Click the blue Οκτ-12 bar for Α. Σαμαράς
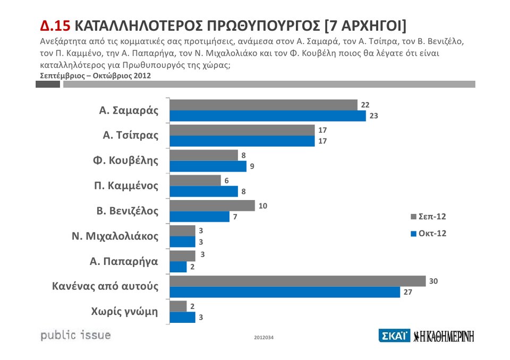(x=268, y=116)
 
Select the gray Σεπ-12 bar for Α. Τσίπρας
(x=242, y=130)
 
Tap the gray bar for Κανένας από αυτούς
(x=297, y=281)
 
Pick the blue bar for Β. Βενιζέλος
(x=199, y=217)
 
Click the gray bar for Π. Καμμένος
(x=195, y=181)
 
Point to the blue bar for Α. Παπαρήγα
(x=178, y=267)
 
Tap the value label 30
(x=433, y=281)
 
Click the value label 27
(x=407, y=292)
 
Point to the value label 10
(x=263, y=205)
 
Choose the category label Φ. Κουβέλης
(x=126, y=160)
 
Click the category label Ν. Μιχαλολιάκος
(x=115, y=236)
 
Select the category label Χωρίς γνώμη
(x=125, y=312)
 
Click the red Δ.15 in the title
(x=55, y=26)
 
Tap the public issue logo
(x=75, y=335)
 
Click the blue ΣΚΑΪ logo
(x=394, y=336)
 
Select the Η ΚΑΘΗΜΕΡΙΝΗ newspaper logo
(x=444, y=336)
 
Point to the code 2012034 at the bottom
(x=263, y=338)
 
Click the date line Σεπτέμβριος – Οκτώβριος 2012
(x=96, y=75)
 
